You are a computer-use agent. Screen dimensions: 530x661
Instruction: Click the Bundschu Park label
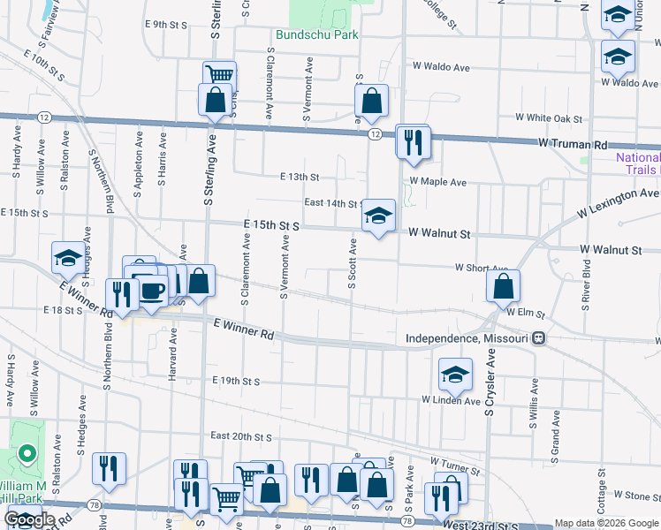click(316, 35)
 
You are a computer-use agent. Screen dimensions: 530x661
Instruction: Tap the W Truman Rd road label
click(574, 144)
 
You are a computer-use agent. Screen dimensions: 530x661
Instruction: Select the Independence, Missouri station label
click(467, 339)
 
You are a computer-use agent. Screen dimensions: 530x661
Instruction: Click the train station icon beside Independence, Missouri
click(538, 339)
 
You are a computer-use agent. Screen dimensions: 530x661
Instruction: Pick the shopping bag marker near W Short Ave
click(503, 286)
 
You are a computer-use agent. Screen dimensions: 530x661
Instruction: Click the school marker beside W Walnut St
click(378, 216)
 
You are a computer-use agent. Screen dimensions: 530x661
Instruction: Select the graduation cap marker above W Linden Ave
click(455, 375)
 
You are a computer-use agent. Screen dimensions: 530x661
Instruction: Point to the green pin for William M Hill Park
click(27, 456)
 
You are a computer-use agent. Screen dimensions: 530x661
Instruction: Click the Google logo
click(29, 520)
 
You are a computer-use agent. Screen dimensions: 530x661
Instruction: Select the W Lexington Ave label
click(619, 202)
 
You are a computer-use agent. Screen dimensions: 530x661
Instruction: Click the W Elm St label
click(527, 313)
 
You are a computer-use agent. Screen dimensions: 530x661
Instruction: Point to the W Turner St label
click(454, 462)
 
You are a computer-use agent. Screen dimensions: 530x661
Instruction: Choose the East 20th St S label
click(240, 436)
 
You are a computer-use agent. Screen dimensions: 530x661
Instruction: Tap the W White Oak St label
click(550, 117)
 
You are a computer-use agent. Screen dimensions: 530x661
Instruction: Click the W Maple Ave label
click(437, 182)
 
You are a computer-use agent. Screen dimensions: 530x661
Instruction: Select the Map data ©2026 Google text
click(605, 523)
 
